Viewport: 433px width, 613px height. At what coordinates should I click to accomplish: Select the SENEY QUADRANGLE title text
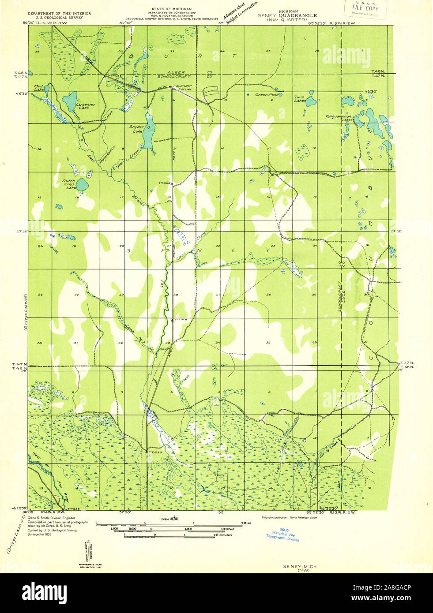tap(285, 15)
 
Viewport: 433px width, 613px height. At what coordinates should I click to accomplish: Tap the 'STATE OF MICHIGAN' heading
tap(166, 8)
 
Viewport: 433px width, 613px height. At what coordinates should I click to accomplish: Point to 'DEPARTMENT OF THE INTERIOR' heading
tap(59, 14)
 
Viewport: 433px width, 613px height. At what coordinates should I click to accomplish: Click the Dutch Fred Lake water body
tap(82, 184)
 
